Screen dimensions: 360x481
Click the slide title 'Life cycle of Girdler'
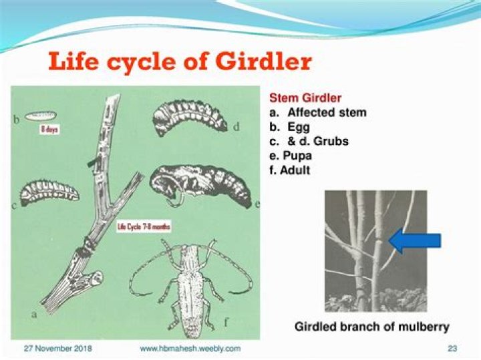[x=180, y=62]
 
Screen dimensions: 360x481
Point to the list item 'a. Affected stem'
[x=317, y=112]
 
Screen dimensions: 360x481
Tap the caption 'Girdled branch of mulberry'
[x=372, y=327]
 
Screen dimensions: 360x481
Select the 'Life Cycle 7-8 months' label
[x=144, y=227]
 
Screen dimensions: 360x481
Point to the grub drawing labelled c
[x=49, y=192]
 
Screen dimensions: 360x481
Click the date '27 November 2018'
[x=57, y=349]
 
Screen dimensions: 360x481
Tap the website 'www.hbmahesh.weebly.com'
[x=190, y=349]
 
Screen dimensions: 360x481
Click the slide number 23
[x=451, y=349]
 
